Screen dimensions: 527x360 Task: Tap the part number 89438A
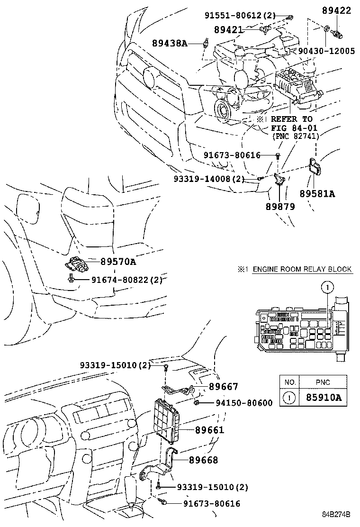point(170,44)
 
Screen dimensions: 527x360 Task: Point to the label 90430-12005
point(327,51)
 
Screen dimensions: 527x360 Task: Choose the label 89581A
point(317,193)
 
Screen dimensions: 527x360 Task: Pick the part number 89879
point(280,207)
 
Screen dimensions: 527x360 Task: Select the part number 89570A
point(117,261)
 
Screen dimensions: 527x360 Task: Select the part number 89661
point(209,430)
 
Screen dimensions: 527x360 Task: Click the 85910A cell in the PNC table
point(323,397)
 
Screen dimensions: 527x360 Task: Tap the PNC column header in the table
point(323,382)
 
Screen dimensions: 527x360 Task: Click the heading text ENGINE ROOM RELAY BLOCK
point(302,269)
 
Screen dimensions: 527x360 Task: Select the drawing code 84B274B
point(336,514)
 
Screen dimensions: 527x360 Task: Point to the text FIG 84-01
point(294,128)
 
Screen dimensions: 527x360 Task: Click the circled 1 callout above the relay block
point(326,287)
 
